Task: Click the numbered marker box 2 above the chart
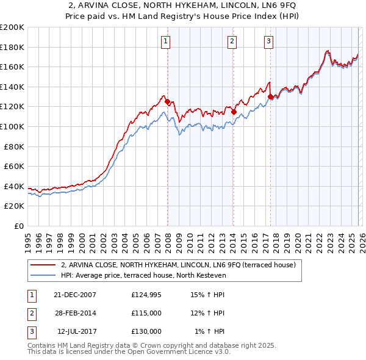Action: [x=232, y=41]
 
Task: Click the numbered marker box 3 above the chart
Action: [x=269, y=41]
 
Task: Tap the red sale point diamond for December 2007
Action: [x=168, y=102]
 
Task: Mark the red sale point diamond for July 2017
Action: [x=271, y=96]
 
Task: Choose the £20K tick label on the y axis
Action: [x=14, y=206]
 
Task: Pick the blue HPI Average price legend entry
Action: [x=143, y=275]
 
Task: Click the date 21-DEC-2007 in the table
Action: [x=75, y=295]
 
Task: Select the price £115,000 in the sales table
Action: [x=146, y=313]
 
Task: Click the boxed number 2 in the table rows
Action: [x=31, y=313]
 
